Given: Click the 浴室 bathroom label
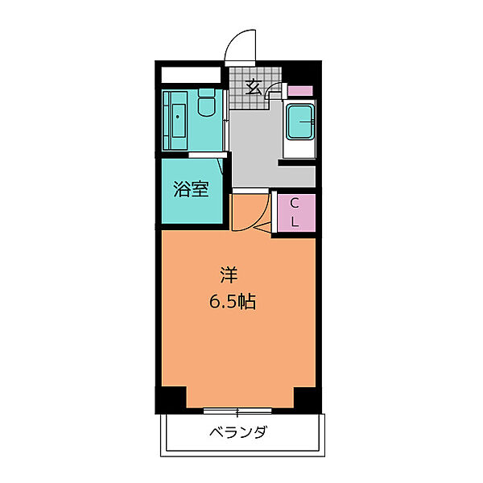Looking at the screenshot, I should pos(191,190).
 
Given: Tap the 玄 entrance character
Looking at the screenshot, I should pos(253,87).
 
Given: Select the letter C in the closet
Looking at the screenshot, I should pos(295,202).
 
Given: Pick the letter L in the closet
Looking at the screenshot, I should pos(295,222).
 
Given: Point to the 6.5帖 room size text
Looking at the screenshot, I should pos(233,303).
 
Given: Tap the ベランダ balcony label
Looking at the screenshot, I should pos(238,433).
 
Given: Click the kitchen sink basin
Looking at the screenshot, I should pos(300,125).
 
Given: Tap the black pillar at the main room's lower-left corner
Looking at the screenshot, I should pos(171,398).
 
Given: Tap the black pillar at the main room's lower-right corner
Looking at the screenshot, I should pos(306,398).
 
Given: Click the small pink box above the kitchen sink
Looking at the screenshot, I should pos(301,91).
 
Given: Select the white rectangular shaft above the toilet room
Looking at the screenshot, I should pos(190,75).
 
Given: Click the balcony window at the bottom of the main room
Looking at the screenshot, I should pos(239,410).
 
